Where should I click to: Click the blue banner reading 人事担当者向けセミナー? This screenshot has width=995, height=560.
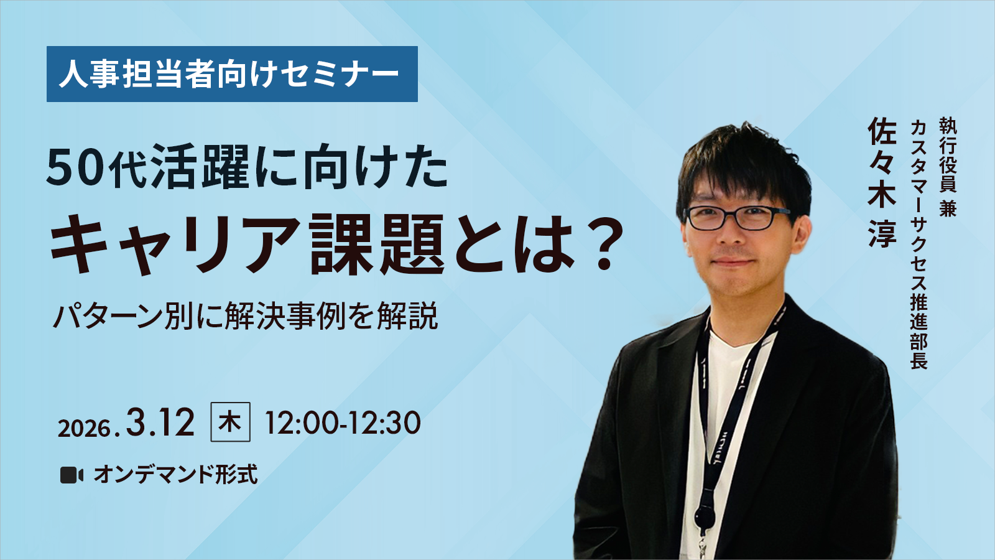pos(232,74)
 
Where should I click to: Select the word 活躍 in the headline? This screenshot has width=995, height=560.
pos(201,169)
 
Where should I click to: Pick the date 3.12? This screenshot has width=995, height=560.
pos(160,422)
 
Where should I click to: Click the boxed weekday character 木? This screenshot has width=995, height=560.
pos(230,422)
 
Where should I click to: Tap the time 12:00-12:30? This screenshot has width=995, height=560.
pos(343,422)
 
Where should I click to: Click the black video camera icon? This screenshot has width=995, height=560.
pos(72,475)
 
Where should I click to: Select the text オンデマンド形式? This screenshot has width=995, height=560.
pos(175,474)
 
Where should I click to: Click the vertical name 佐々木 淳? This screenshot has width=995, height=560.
pos(882,182)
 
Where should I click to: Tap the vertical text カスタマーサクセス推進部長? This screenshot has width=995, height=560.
pos(918,244)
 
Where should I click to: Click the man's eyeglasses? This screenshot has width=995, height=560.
pos(738,218)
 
